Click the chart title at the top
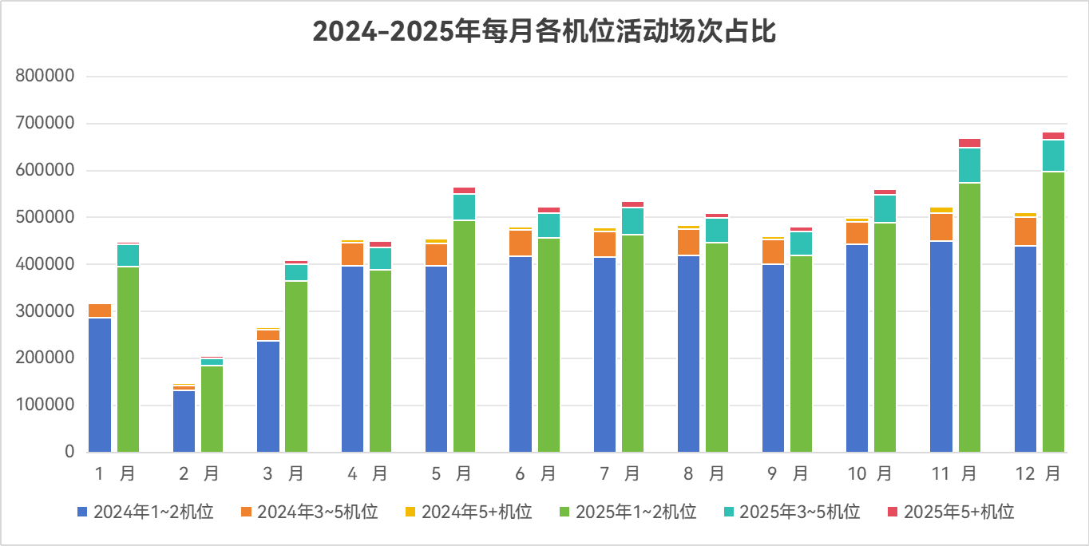(x=544, y=32)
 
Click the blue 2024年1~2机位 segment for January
(x=100, y=384)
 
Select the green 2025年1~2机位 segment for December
(x=1053, y=311)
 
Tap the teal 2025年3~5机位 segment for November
(x=969, y=165)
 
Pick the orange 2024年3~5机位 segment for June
(x=521, y=243)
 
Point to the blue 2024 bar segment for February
(x=184, y=421)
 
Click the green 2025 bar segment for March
(x=296, y=366)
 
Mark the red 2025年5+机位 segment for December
(x=1053, y=136)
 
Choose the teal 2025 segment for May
(x=465, y=207)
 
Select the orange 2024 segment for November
(x=941, y=227)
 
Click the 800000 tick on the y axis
(x=45, y=77)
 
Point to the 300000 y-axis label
(x=45, y=311)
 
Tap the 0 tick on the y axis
(x=69, y=452)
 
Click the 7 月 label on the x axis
(x=618, y=474)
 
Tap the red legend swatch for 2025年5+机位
(x=893, y=512)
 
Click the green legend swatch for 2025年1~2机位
(x=564, y=512)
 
